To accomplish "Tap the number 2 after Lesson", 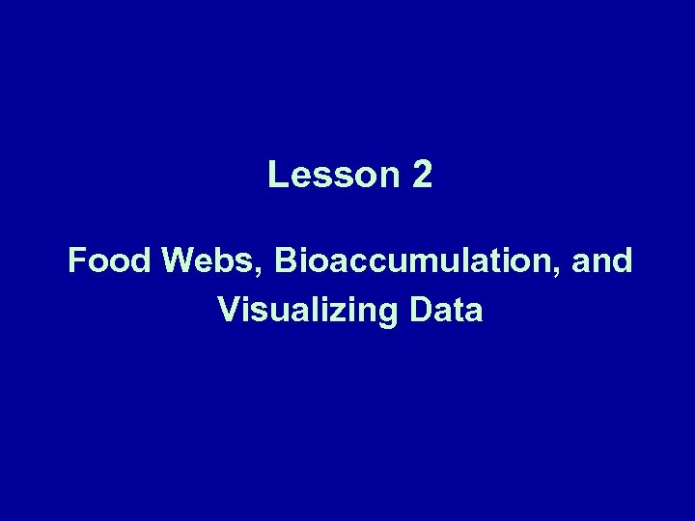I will click(422, 175).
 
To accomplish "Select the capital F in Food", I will click(76, 261).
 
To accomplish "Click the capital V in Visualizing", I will click(229, 311).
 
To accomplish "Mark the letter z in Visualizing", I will click(325, 313).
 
